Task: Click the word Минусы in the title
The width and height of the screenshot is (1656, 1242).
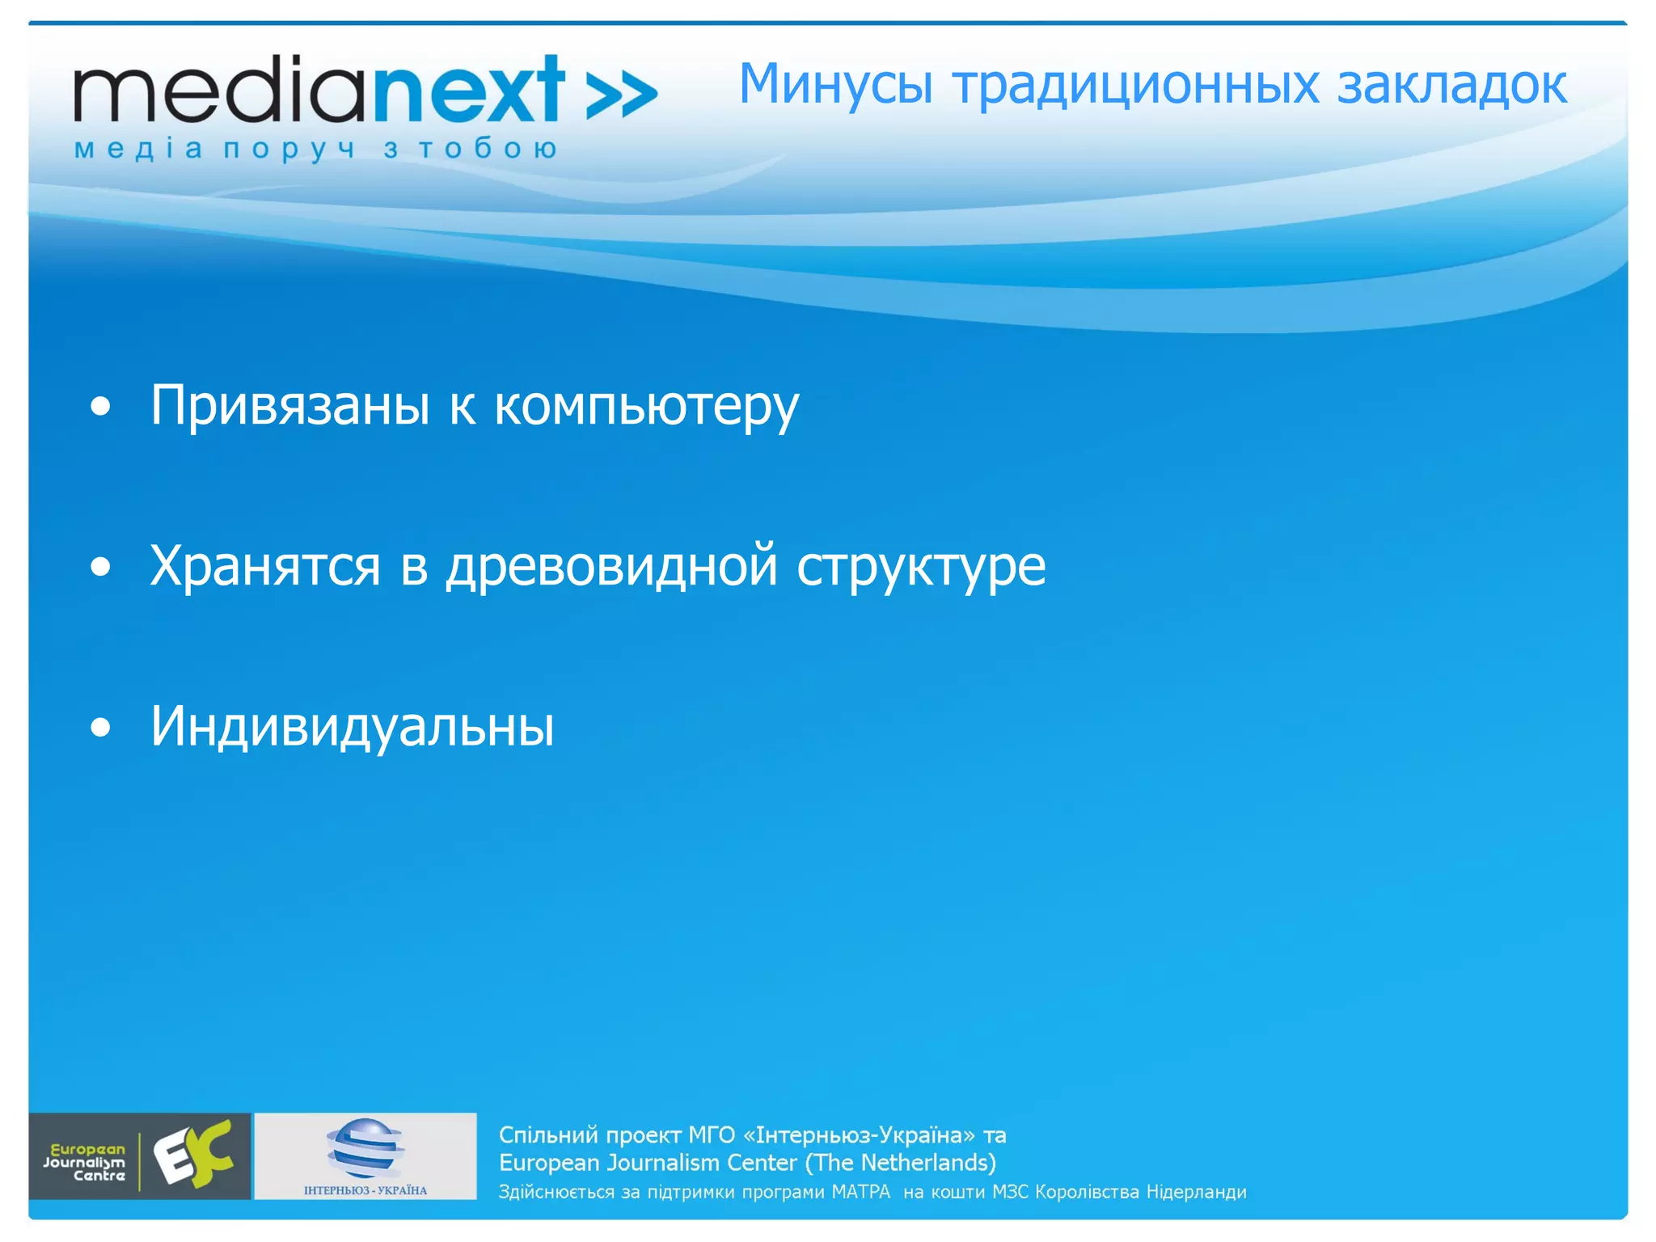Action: [x=835, y=85]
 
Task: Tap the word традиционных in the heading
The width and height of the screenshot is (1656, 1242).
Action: [x=1135, y=85]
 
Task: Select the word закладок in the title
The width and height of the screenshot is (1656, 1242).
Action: [x=1451, y=85]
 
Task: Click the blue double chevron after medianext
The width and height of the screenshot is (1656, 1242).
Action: [x=621, y=95]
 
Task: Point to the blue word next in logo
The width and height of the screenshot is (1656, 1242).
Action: [x=468, y=91]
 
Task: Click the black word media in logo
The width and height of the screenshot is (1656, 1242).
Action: [x=218, y=91]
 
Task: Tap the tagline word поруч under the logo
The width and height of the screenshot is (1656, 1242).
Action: [x=289, y=150]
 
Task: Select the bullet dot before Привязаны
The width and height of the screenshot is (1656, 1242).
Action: [x=100, y=407]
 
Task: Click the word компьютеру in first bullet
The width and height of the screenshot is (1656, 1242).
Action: [x=646, y=407]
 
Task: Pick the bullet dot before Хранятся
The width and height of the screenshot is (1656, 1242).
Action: [x=100, y=567]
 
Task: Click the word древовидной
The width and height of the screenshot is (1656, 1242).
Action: [x=611, y=567]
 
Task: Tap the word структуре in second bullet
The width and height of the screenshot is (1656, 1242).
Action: [x=921, y=567]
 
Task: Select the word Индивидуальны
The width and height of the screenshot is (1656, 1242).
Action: [x=353, y=726]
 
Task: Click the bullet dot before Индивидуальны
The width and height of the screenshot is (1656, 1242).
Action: [x=100, y=727]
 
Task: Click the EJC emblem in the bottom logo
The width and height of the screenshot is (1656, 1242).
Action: [x=194, y=1155]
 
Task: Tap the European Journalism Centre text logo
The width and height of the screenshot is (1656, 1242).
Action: [x=85, y=1162]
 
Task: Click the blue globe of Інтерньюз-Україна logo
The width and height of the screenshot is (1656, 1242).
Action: [x=365, y=1148]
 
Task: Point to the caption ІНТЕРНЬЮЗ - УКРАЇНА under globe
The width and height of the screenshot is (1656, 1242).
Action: [x=365, y=1190]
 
